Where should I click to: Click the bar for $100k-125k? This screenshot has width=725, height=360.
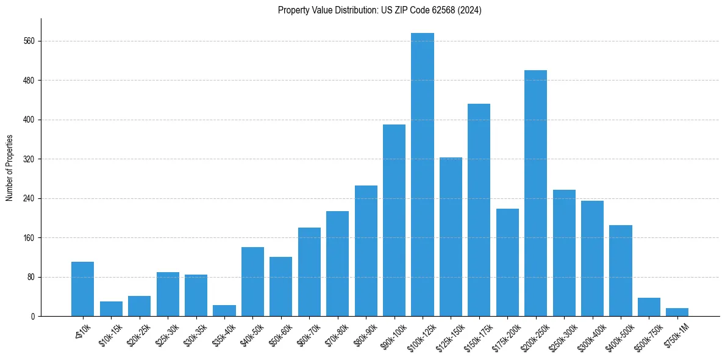click(x=423, y=175)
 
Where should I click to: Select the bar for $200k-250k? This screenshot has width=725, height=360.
click(x=535, y=193)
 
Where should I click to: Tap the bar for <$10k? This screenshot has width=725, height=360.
click(x=82, y=289)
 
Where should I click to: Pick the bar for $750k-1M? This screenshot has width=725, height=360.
click(x=677, y=312)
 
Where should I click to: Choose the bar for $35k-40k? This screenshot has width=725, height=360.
click(x=224, y=311)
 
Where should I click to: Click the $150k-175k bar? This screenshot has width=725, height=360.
click(x=479, y=210)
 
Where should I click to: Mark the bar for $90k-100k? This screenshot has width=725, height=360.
click(x=394, y=220)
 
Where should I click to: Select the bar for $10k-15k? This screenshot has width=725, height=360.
click(x=111, y=309)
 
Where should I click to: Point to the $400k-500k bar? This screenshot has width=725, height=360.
click(x=620, y=270)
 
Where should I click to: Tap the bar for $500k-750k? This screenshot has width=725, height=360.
click(x=649, y=307)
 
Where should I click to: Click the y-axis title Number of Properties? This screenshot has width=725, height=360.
click(x=9, y=168)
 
